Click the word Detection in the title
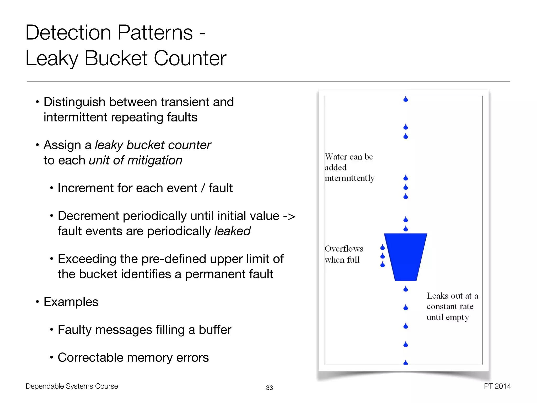click(68, 33)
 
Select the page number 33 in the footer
click(269, 388)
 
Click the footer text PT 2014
click(497, 386)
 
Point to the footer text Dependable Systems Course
click(72, 386)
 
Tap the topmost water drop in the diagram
click(406, 99)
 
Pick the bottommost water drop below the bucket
click(406, 363)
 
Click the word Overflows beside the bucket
click(344, 249)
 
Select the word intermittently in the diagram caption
click(350, 178)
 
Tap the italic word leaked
click(232, 231)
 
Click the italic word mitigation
click(155, 160)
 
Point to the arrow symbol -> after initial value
click(289, 216)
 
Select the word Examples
click(71, 302)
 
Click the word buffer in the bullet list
click(215, 330)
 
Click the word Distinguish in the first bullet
click(74, 102)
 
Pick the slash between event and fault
click(203, 188)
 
